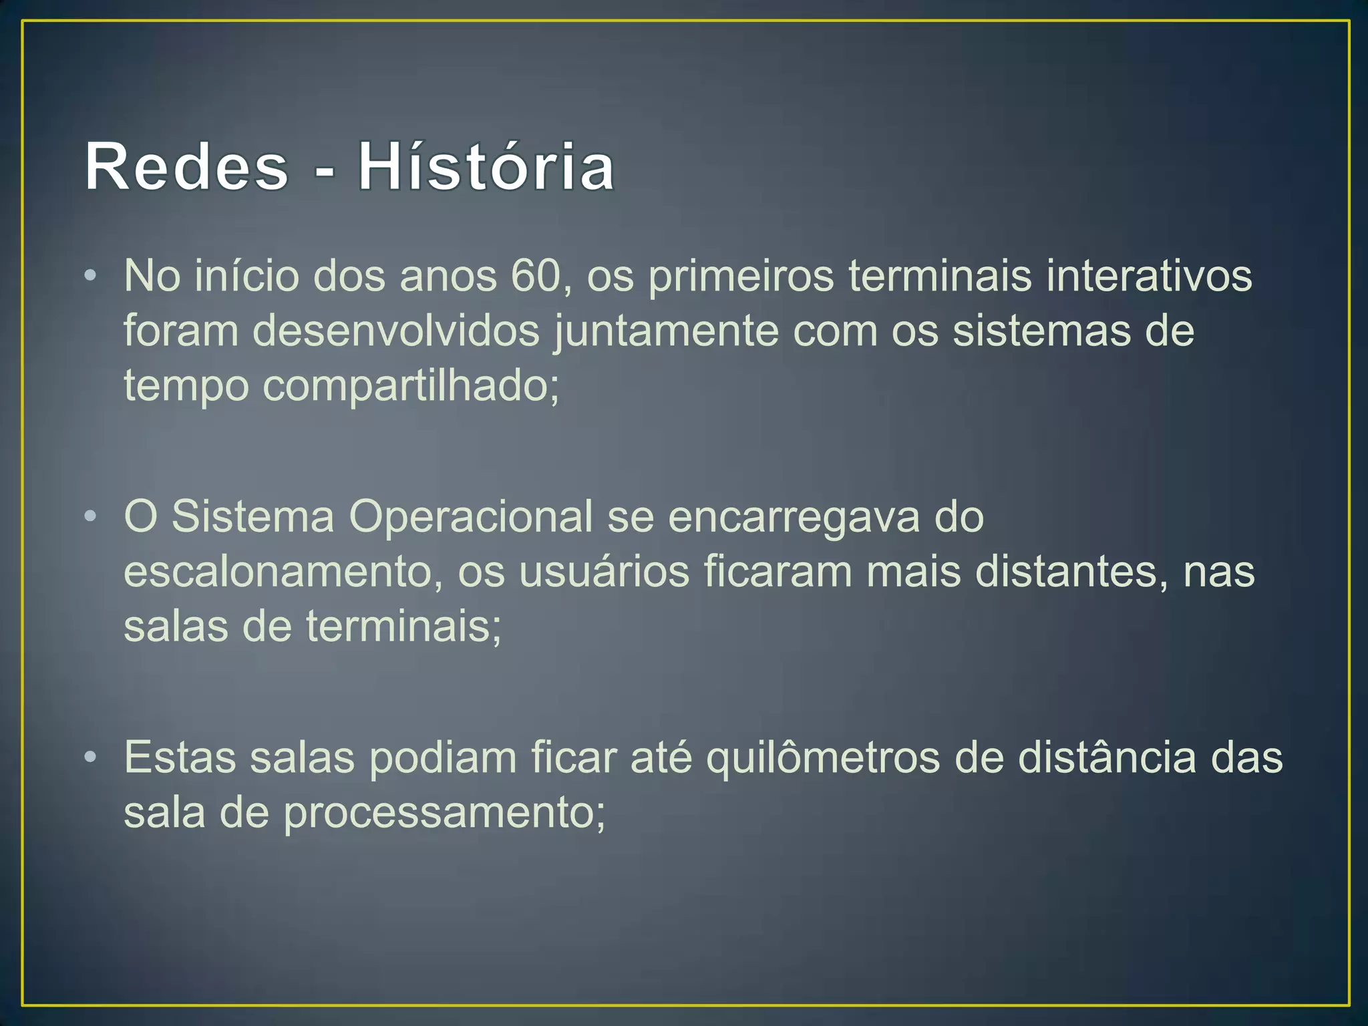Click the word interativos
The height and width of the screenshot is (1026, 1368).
[1149, 276]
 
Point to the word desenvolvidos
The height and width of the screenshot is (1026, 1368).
[395, 331]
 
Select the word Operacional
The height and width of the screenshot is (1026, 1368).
[470, 517]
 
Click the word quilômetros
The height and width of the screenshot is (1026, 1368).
[823, 759]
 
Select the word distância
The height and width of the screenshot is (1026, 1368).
[1106, 758]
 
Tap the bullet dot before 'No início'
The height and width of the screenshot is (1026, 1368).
[92, 276]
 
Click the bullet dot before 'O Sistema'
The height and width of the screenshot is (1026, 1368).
[92, 517]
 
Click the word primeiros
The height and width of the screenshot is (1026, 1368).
[741, 276]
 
